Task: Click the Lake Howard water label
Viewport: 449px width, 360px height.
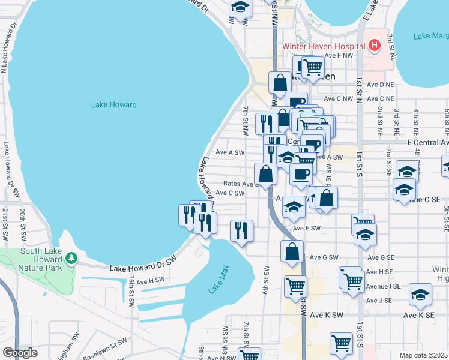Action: pyautogui.click(x=113, y=105)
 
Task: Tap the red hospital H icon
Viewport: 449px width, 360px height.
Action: pyautogui.click(x=374, y=45)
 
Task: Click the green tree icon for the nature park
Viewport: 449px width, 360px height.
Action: pyautogui.click(x=71, y=258)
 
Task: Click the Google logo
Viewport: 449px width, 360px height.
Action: pyautogui.click(x=20, y=353)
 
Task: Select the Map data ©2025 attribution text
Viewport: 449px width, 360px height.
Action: pyautogui.click(x=423, y=355)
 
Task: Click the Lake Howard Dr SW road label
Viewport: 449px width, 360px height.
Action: pyautogui.click(x=145, y=265)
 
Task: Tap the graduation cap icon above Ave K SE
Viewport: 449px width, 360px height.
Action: pyautogui.click(x=420, y=295)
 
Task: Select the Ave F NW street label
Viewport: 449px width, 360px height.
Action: pyautogui.click(x=337, y=55)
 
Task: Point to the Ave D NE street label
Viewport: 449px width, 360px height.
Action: pyautogui.click(x=381, y=85)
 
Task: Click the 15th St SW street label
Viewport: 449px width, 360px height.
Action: pyautogui.click(x=131, y=292)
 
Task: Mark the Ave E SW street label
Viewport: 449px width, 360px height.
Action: pyautogui.click(x=307, y=229)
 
